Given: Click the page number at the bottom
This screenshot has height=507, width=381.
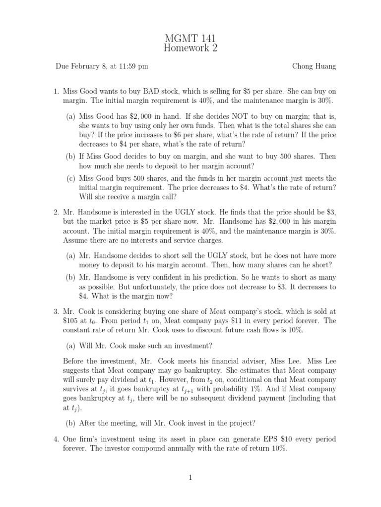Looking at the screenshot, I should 190,477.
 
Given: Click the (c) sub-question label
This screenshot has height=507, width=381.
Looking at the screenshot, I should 71,178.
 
